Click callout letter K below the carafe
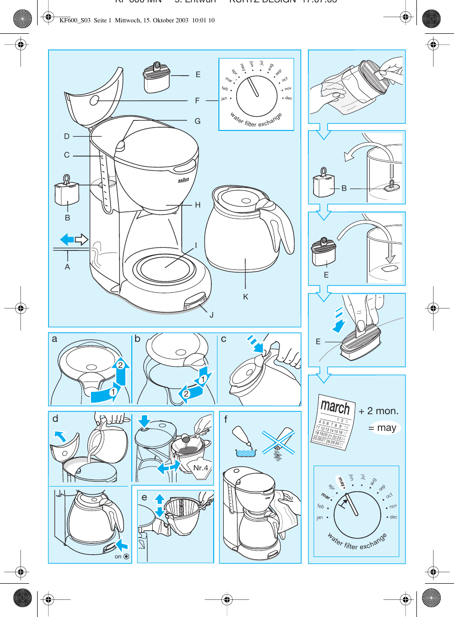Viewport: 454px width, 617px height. (x=246, y=297)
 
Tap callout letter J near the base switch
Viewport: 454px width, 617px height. (x=211, y=315)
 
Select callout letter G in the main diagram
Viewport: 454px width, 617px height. (x=197, y=121)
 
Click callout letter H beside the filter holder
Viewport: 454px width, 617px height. (x=197, y=205)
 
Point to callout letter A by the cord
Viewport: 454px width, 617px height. (x=67, y=267)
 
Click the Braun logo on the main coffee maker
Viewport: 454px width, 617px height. (x=184, y=180)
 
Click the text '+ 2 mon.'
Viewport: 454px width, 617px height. (x=379, y=411)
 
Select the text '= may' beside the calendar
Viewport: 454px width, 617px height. (x=383, y=428)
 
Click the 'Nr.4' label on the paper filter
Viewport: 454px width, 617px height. (x=201, y=468)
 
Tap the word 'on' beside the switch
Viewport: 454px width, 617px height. (x=118, y=557)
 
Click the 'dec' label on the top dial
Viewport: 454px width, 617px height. (x=288, y=98)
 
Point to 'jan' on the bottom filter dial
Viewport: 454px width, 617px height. (x=320, y=517)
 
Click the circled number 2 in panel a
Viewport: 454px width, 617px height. (x=120, y=365)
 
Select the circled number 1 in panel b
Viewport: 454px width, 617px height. (x=203, y=379)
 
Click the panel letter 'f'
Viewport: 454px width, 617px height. (x=226, y=419)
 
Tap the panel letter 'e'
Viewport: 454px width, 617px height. (x=144, y=497)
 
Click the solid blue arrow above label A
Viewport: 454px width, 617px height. (x=67, y=239)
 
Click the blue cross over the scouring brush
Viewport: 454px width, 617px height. (x=278, y=442)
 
